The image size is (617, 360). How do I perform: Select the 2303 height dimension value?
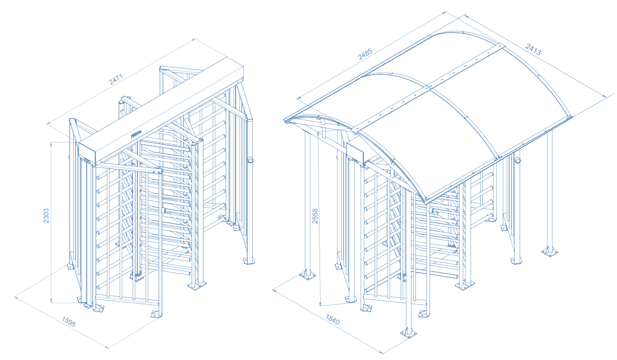tap(46, 216)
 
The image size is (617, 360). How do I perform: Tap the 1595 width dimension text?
tap(68, 322)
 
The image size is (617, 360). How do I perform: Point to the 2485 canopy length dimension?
tap(365, 53)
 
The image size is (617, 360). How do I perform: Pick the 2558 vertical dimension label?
tap(315, 216)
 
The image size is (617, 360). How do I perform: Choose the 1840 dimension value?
tap(332, 319)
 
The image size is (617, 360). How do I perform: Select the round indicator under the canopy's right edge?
tap(518, 160)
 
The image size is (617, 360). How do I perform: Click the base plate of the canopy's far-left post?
tap(307, 274)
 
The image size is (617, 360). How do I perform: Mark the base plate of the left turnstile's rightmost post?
tap(248, 261)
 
